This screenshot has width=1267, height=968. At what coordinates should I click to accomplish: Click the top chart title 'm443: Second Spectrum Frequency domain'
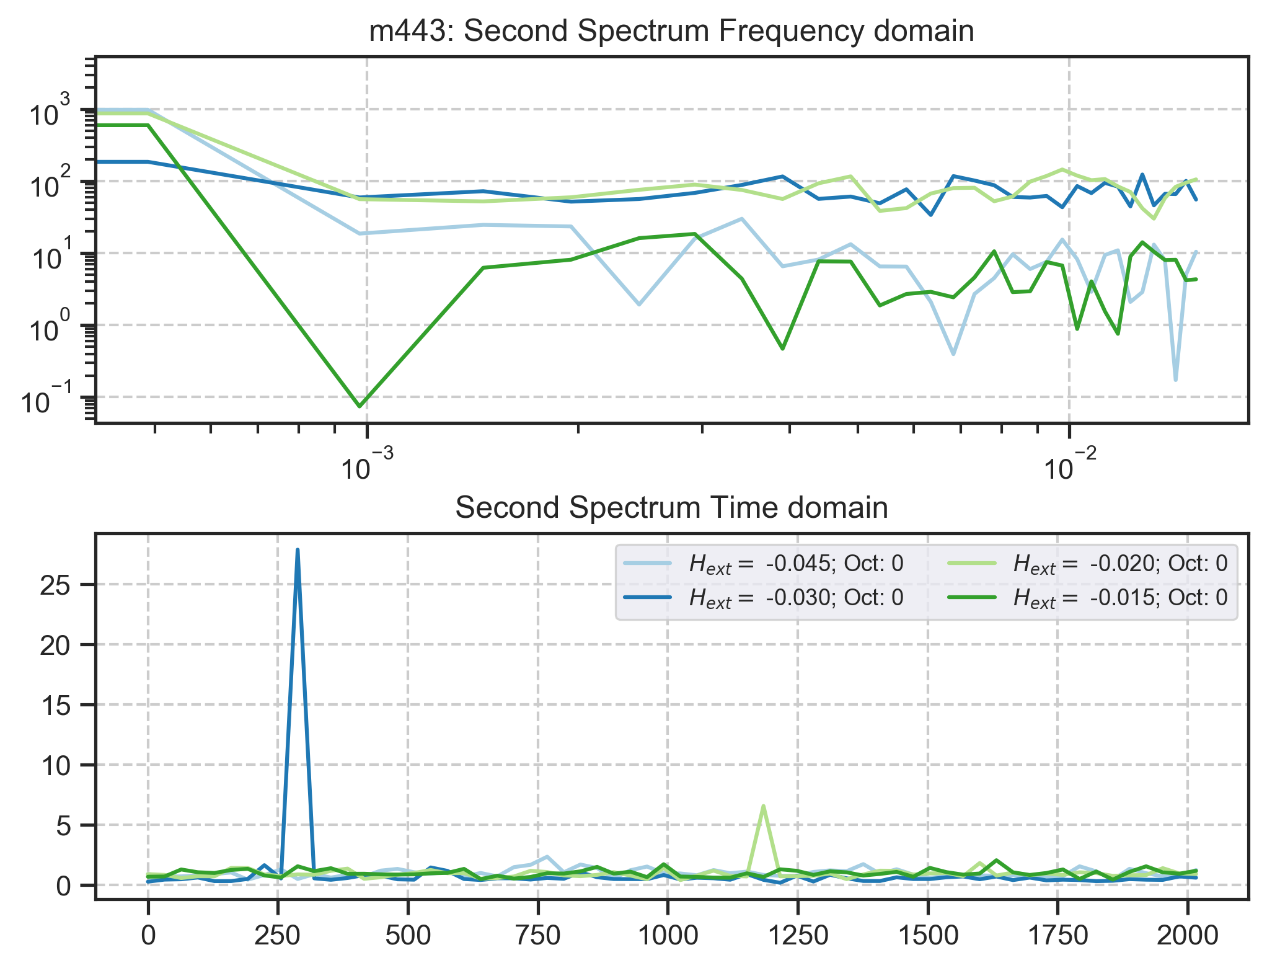(671, 31)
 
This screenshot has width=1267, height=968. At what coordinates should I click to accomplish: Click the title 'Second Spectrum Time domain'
(671, 508)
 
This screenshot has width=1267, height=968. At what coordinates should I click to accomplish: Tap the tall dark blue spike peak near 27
(298, 550)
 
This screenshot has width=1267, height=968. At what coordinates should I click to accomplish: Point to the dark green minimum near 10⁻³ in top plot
(360, 406)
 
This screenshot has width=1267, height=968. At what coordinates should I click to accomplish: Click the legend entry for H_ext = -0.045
(796, 564)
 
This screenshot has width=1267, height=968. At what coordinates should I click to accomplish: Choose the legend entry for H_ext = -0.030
(796, 598)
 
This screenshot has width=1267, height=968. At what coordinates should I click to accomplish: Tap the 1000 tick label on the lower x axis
(667, 935)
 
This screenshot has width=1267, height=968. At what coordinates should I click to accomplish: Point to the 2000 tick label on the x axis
(1187, 935)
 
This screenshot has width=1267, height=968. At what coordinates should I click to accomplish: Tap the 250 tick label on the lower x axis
(278, 935)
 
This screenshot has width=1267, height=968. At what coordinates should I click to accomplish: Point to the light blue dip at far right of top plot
(1175, 380)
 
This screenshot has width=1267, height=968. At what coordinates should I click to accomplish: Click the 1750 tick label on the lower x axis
(1057, 935)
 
